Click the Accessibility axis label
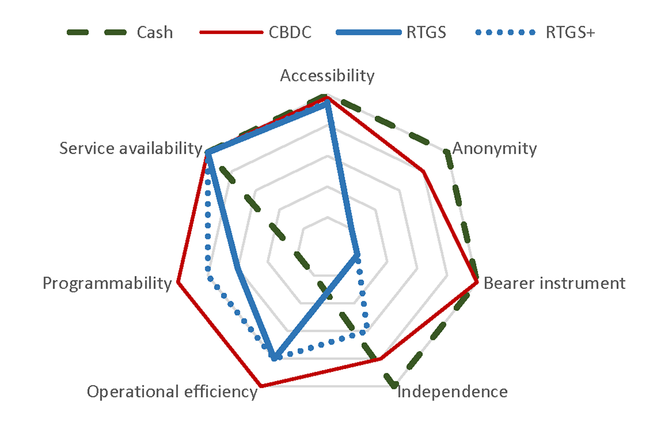click(x=327, y=76)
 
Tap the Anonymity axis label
click(x=495, y=148)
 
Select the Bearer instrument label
click(x=554, y=283)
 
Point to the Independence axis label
click(x=452, y=392)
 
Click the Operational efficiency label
click(x=172, y=392)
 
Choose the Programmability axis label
click(x=107, y=283)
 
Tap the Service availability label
click(x=131, y=148)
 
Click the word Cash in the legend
click(x=155, y=32)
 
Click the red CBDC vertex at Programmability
click(x=178, y=283)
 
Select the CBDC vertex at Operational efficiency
click(x=260, y=385)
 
